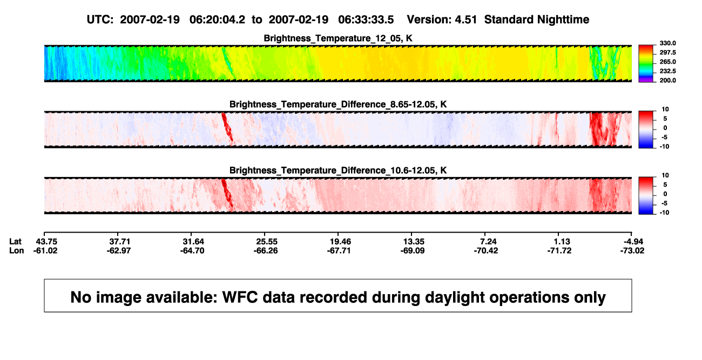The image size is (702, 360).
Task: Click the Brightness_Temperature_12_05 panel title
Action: [x=338, y=38]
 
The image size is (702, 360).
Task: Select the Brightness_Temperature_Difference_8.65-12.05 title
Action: [x=338, y=104]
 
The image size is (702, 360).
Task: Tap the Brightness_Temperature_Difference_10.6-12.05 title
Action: [x=338, y=171]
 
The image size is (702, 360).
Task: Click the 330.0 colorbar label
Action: [x=667, y=43]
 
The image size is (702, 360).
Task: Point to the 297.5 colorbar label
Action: [x=667, y=52]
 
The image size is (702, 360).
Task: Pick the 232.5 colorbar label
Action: [x=667, y=71]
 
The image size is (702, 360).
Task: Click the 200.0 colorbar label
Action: [x=667, y=80]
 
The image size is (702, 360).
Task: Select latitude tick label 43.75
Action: [x=46, y=242]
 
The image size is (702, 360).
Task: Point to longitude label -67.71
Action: [x=339, y=250]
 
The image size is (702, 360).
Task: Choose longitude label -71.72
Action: [x=559, y=250]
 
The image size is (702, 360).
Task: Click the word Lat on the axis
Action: [x=15, y=242]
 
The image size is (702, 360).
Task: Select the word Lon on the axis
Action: [x=17, y=250]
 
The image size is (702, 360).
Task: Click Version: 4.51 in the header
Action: [x=442, y=19]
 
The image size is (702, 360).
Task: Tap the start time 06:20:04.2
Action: [x=217, y=19]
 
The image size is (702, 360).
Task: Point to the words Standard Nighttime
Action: [x=537, y=20]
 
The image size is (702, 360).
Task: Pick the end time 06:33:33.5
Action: [x=366, y=19]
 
